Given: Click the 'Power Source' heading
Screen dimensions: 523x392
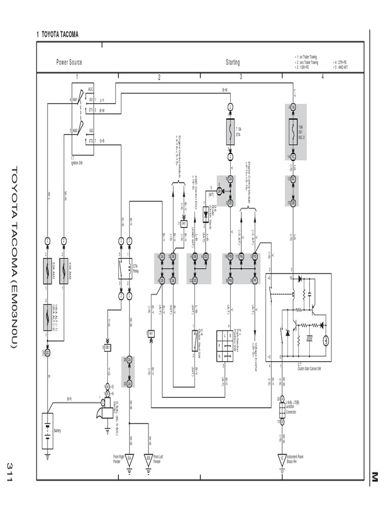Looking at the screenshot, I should click(x=69, y=62).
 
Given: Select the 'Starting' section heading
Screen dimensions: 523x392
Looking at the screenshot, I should click(x=233, y=62).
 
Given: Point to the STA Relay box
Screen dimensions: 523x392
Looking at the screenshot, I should click(x=125, y=268).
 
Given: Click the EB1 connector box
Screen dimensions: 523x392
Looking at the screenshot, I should click(x=108, y=347).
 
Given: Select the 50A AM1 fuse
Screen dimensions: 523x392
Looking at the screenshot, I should click(x=47, y=268).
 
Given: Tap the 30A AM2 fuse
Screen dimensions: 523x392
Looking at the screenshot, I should click(x=63, y=268).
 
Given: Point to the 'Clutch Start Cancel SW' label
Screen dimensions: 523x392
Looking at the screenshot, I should click(x=310, y=367).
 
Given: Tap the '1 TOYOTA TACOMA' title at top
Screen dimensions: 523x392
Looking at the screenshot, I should click(x=57, y=35).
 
